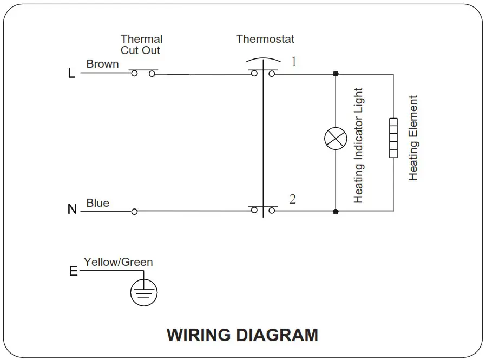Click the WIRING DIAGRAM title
coord(242,335)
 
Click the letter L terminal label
coord(71,74)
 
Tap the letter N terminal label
coord(72,209)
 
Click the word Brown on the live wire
coord(102,64)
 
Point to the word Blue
coord(97,203)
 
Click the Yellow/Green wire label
coord(118,262)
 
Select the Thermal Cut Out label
coord(141,44)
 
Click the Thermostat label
coord(265,39)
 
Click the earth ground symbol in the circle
coord(144,293)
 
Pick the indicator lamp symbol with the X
coord(336,139)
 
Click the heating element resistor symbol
coord(393,138)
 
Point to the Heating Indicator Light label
coord(358,146)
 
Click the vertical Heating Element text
coord(413,138)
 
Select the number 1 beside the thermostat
coord(294,62)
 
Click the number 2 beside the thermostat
coord(293,199)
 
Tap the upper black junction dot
coord(336,74)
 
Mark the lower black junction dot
coord(336,211)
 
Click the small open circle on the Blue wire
coord(134,212)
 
